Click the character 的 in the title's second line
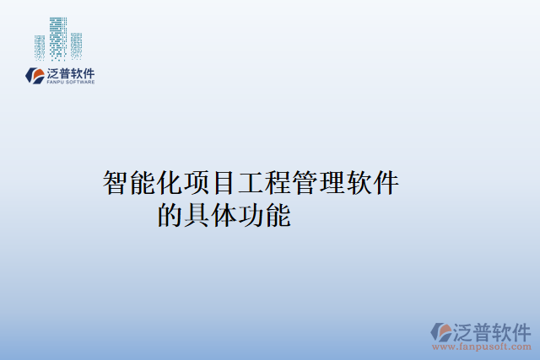point(170,216)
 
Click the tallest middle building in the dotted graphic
point(58,37)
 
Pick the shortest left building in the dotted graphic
point(40,47)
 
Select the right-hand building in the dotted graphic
point(76,45)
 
